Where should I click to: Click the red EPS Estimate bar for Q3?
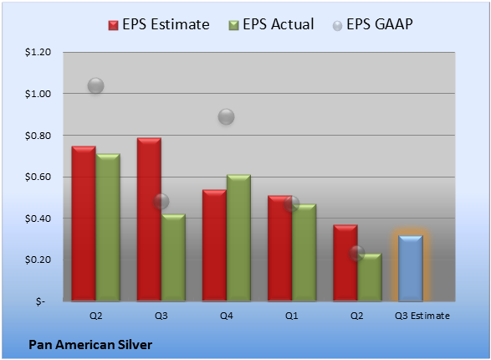pos(149,219)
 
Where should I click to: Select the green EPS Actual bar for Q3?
pos(173,258)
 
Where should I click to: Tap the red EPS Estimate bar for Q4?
pos(214,245)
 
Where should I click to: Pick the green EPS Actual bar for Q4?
pos(238,238)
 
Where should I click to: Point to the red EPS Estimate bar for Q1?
pos(279,249)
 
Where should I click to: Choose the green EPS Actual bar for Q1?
pos(304,253)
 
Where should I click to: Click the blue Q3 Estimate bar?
pos(411,269)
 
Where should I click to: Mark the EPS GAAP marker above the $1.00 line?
pos(96,85)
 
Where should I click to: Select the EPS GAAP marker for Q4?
pos(226,117)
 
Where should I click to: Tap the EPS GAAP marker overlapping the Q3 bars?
pos(161,201)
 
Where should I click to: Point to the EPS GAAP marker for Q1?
pos(292,204)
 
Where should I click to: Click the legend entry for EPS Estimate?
pos(159,24)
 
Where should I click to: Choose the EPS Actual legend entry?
pos(271,24)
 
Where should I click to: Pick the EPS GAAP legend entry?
pos(372,24)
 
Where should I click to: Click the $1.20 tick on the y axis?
pos(38,52)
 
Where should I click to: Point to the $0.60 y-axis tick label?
pos(38,177)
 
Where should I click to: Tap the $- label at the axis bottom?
pos(40,301)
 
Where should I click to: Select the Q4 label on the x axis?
pos(227,316)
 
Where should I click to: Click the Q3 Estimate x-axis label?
pos(422,316)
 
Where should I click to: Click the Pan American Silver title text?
pos(90,345)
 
